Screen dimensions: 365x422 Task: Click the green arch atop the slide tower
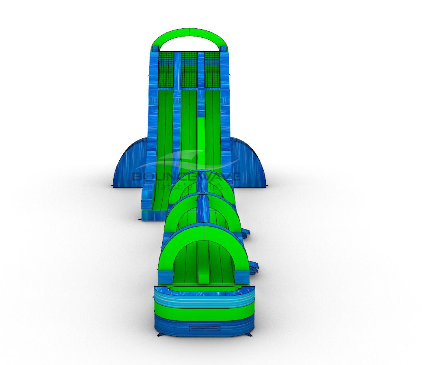[x=189, y=33]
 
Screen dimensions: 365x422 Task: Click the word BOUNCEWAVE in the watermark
[x=186, y=177]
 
